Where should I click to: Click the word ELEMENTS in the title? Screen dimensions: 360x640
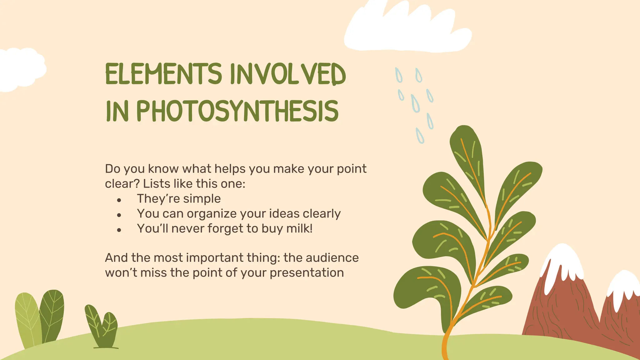(x=163, y=74)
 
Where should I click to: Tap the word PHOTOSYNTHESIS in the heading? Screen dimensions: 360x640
(x=237, y=111)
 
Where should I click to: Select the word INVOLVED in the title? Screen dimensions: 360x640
(x=288, y=74)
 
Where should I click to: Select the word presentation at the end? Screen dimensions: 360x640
(x=307, y=273)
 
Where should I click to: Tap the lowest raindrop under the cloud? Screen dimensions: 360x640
(x=420, y=136)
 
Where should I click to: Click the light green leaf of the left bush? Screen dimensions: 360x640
(x=27, y=319)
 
